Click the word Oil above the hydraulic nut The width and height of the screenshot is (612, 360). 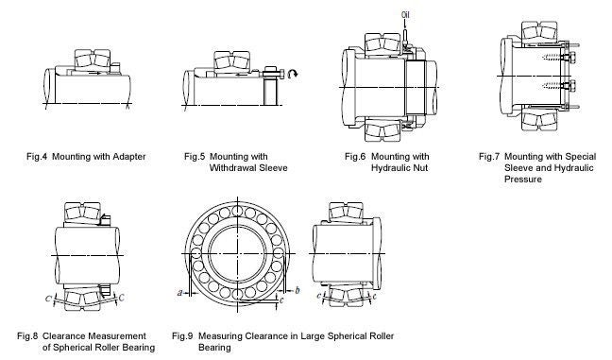pos(406,13)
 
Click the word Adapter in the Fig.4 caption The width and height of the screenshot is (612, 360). pos(127,155)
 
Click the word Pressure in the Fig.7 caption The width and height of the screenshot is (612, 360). pos(522,178)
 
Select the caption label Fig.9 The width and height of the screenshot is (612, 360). pos(184,335)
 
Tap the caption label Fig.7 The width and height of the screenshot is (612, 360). pos(489,155)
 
